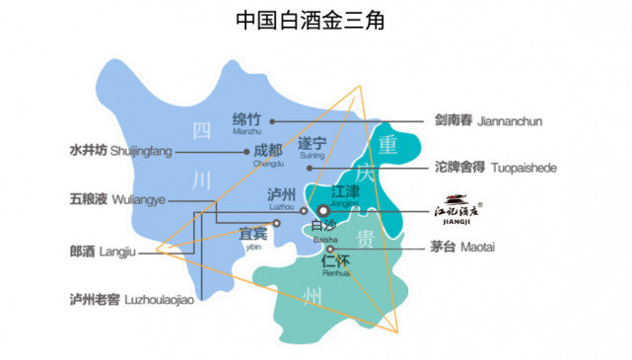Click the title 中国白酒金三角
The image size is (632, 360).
(x=316, y=20)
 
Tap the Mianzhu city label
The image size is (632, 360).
(x=248, y=121)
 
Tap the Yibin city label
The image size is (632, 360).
(x=253, y=236)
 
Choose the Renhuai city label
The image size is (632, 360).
(x=337, y=265)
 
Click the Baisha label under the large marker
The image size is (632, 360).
(x=325, y=231)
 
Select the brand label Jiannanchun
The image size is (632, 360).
(x=489, y=121)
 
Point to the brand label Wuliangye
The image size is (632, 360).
(x=114, y=200)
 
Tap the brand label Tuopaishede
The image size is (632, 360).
(x=495, y=168)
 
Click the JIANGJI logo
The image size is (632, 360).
(x=456, y=211)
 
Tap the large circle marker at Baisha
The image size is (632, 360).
(x=324, y=210)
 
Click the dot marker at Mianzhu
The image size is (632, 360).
(x=272, y=121)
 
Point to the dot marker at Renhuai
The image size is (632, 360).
(x=331, y=250)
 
